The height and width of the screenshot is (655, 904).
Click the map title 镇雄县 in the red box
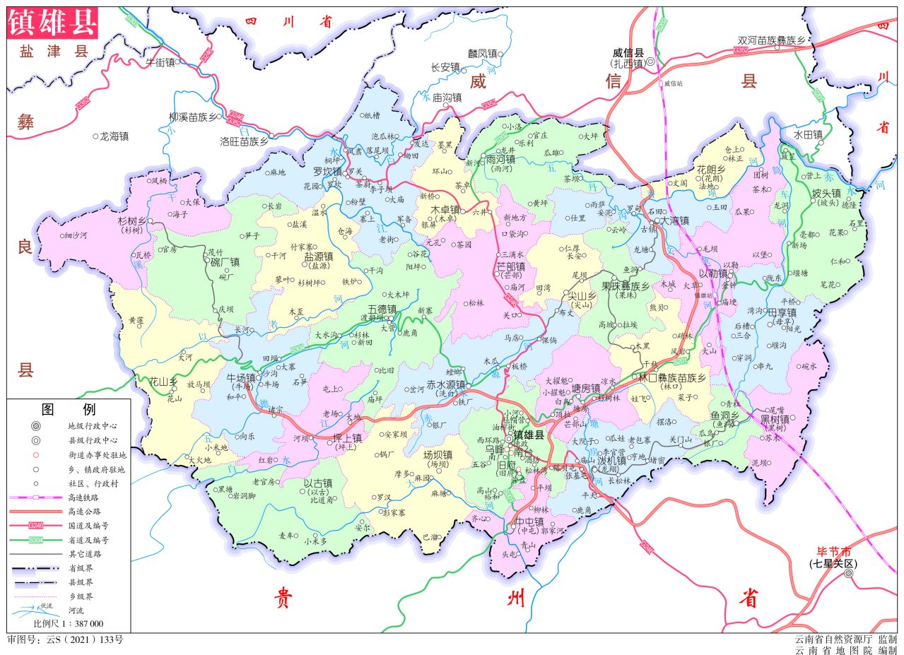point(52,23)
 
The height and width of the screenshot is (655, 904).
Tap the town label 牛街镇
point(159,61)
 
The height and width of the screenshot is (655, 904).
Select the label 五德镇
point(382,309)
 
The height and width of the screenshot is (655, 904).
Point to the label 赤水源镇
point(445,385)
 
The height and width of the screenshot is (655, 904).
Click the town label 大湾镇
point(675,220)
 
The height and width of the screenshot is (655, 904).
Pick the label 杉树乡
point(131,220)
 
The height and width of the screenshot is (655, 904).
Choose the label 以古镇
point(318,484)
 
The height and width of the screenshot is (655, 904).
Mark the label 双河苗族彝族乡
point(771,41)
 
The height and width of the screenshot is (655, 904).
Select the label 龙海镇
point(115,136)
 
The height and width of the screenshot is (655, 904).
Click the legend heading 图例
point(69,409)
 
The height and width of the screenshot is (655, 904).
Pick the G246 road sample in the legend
point(36,526)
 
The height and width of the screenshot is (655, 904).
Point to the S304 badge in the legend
point(36,540)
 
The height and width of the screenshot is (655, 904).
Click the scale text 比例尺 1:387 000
point(69,624)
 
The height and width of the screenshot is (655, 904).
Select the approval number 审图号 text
point(65,640)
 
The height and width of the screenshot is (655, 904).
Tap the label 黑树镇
point(774,419)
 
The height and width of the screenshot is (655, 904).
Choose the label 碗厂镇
point(225,262)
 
